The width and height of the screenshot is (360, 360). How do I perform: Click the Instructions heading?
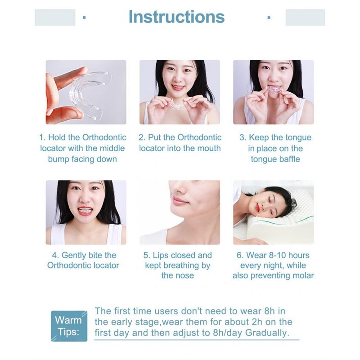[176, 17]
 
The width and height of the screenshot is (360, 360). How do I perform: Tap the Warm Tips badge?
[69, 326]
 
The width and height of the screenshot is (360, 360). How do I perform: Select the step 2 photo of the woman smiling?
[180, 92]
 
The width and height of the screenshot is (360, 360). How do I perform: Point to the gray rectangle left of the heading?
[55, 18]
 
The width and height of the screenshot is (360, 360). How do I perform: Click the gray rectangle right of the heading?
[305, 18]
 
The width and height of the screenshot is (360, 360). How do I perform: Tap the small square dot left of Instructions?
[84, 17]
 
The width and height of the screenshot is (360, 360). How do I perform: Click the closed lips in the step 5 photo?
[181, 201]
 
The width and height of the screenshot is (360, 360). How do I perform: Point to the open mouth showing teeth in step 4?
[85, 211]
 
